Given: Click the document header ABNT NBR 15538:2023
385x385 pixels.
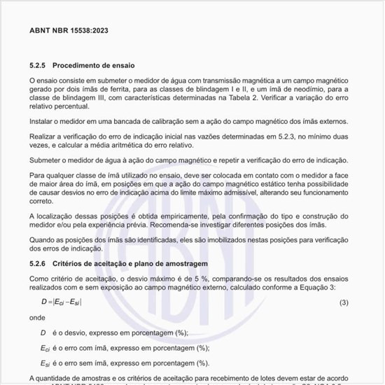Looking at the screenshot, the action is point(69,31).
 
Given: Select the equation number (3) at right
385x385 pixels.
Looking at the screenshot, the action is point(343,302).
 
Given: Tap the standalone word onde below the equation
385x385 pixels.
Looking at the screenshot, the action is point(38,318).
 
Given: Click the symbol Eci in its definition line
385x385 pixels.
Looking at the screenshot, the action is point(45,349).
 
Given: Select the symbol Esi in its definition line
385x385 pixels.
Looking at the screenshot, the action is point(45,364).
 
